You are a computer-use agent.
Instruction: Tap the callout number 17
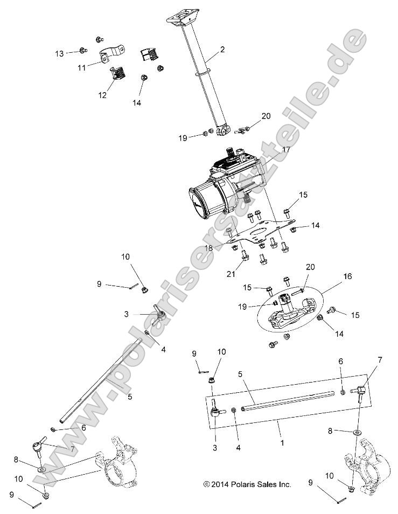285,150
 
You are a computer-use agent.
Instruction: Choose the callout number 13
59,53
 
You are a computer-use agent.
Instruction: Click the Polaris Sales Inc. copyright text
247,484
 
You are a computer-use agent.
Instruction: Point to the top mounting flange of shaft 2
180,21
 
